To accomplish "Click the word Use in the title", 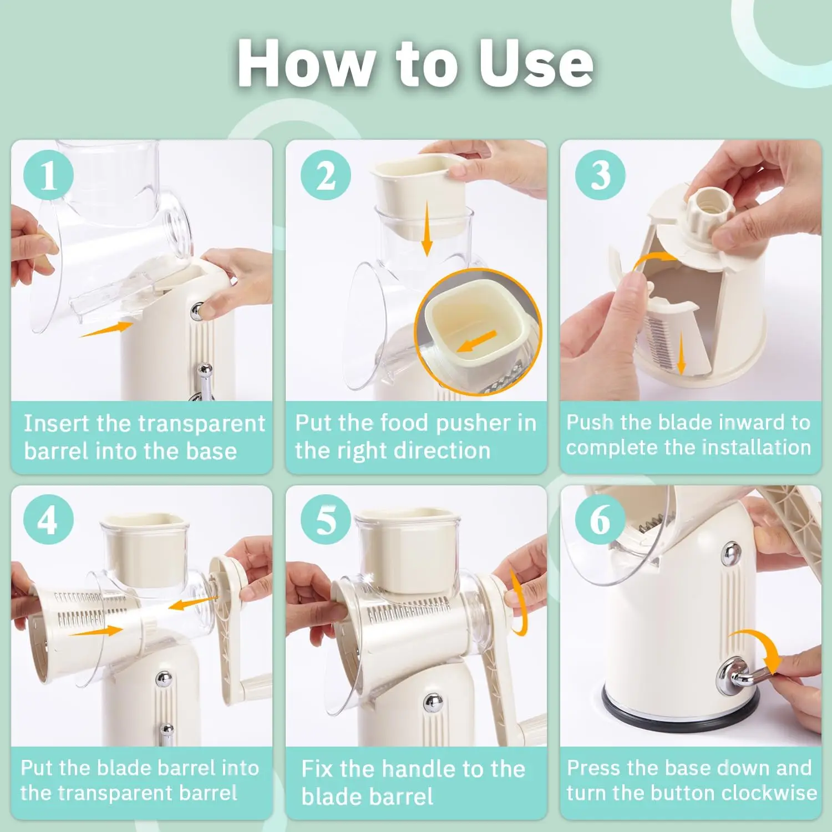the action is [x=536, y=63].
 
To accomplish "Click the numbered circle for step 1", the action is [x=48, y=175].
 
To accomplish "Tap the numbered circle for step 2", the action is [x=326, y=175].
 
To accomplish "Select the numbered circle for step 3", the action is [x=600, y=175].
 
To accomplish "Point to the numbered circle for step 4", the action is [x=48, y=520].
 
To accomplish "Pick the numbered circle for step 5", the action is [x=326, y=520].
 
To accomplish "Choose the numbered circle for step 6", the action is [x=600, y=520].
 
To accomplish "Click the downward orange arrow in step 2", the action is [x=427, y=229].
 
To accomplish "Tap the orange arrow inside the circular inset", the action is [x=476, y=341].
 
